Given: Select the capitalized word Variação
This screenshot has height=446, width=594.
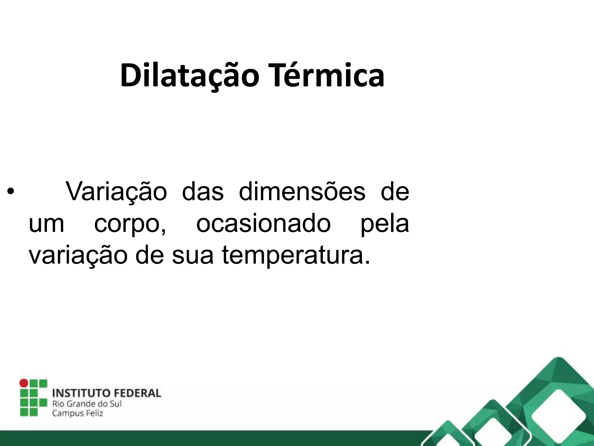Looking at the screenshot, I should [116, 192].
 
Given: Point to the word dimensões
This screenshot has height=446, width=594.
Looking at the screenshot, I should [302, 191].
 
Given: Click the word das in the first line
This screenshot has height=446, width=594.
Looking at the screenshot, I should [203, 191].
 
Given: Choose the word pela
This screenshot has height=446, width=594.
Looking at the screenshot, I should [384, 224].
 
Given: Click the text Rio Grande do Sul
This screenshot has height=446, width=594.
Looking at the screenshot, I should [87, 404].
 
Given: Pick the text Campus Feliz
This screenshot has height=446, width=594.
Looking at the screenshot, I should [77, 413].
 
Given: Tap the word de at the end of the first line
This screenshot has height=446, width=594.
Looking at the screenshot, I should [395, 191].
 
